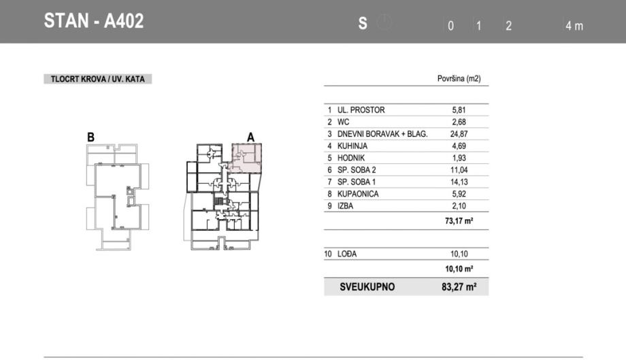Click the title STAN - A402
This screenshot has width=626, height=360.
[93, 20]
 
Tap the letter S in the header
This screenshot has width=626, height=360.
[363, 24]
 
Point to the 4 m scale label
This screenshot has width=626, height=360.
[574, 26]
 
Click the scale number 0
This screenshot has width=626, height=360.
[450, 26]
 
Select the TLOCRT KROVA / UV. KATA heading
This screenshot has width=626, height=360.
[98, 79]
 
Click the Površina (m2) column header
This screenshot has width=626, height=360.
[459, 79]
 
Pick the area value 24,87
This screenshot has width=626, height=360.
[459, 134]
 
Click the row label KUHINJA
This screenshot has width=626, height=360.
[352, 146]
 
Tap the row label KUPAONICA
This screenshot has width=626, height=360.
[358, 194]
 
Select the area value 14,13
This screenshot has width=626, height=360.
[459, 182]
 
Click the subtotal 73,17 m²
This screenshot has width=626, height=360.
[459, 220]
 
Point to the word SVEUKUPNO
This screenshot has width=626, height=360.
[367, 287]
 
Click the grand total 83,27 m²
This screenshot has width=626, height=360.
[459, 287]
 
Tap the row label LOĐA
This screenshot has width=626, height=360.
[347, 254]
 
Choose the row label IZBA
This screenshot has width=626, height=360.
[346, 206]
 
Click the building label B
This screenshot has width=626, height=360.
[90, 137]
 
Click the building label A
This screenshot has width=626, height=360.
[250, 137]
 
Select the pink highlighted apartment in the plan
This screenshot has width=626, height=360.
[248, 158]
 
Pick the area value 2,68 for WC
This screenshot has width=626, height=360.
[459, 122]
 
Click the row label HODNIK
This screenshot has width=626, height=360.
[351, 158]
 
